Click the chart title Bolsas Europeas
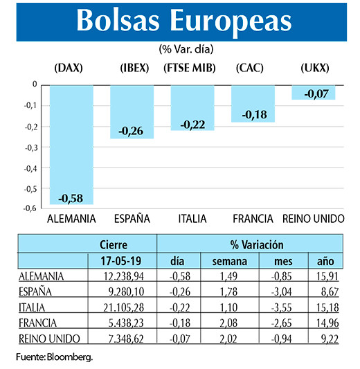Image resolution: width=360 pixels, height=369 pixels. pyautogui.click(x=183, y=21)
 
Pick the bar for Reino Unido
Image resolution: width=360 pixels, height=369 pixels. pyautogui.click(x=313, y=92)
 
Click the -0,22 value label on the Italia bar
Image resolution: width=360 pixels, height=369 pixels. pyautogui.click(x=192, y=124)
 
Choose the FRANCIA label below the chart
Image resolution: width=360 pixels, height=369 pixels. pyautogui.click(x=253, y=219)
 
